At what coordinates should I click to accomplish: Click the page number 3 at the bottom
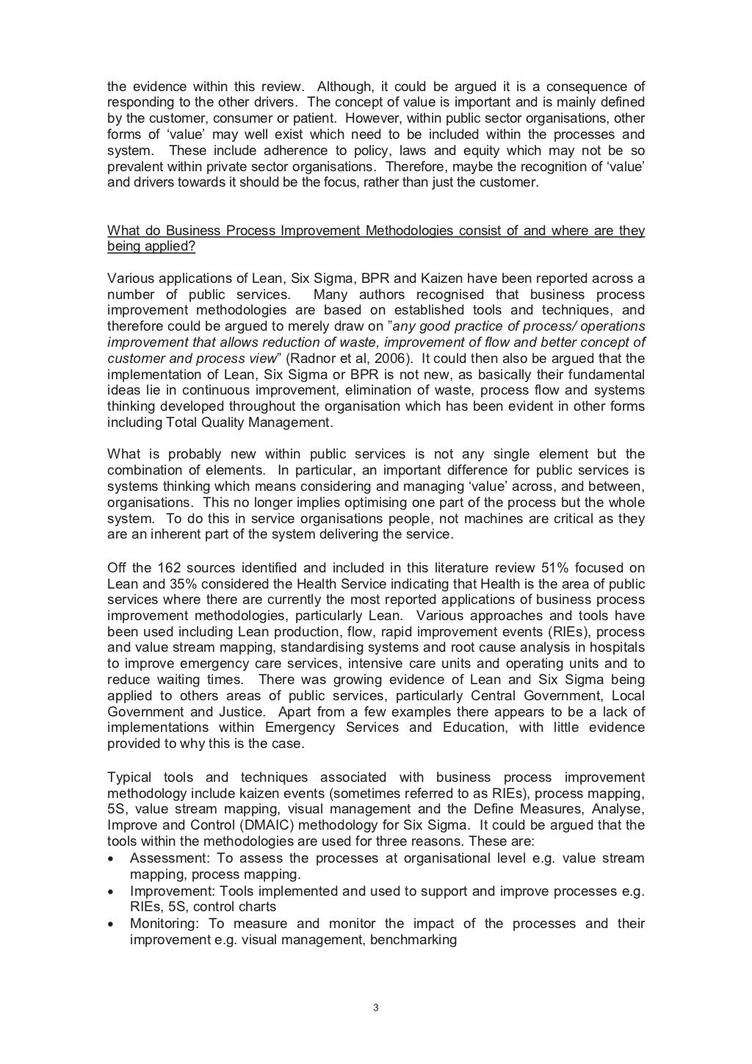(x=375, y=1007)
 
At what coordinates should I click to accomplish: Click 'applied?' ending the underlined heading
(x=170, y=246)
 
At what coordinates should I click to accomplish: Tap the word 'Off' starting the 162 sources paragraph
(x=117, y=568)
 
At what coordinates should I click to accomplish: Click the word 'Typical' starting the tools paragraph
(x=129, y=777)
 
